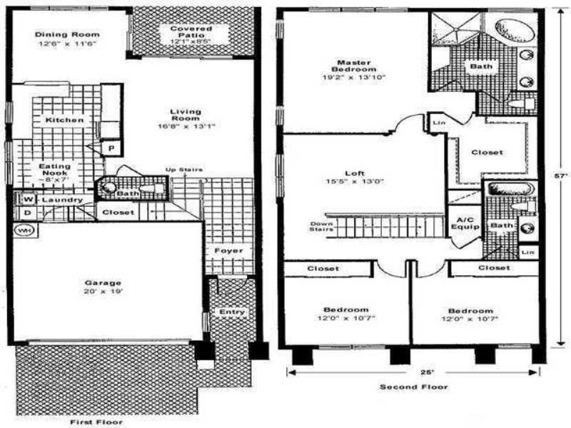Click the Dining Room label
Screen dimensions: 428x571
click(66, 34)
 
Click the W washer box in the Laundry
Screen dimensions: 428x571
click(29, 200)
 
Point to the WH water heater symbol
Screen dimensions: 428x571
click(24, 231)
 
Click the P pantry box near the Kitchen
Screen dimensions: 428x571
click(111, 148)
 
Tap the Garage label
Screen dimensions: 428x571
click(103, 282)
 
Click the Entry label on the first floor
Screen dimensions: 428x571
click(232, 312)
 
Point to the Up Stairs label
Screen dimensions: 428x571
click(184, 170)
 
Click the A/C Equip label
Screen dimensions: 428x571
click(460, 223)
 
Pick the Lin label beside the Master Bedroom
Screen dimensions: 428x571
click(438, 123)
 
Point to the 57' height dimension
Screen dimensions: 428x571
click(561, 173)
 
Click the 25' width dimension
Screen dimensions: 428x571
click(415, 371)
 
